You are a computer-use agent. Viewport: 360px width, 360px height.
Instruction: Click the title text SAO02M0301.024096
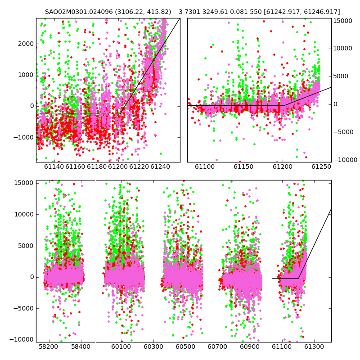point(79,12)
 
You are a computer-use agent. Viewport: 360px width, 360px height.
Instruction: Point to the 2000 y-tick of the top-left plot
point(26,44)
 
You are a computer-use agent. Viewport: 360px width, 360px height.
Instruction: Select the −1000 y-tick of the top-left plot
point(24,137)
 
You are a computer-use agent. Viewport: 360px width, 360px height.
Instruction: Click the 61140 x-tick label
point(54,166)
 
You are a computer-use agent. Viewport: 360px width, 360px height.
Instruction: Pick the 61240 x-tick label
point(160,166)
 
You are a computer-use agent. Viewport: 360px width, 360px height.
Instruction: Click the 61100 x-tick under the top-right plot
point(205,166)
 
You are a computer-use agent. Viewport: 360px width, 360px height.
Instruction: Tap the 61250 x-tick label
point(321,166)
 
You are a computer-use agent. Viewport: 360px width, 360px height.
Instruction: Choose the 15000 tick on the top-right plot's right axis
point(342,21)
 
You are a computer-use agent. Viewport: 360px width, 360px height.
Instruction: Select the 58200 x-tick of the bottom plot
point(49,346)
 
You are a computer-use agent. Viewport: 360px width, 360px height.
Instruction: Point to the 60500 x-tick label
point(185,346)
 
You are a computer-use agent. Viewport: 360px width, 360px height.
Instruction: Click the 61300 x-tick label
point(314,346)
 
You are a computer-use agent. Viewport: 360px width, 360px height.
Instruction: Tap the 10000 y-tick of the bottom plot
point(24,215)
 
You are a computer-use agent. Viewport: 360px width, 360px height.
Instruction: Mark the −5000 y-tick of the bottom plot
point(24,308)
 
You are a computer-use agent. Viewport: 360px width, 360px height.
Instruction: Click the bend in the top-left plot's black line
point(120,114)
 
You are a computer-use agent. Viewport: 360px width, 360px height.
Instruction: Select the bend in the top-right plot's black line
point(284,105)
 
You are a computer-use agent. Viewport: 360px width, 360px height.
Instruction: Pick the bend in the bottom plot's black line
point(298,279)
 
